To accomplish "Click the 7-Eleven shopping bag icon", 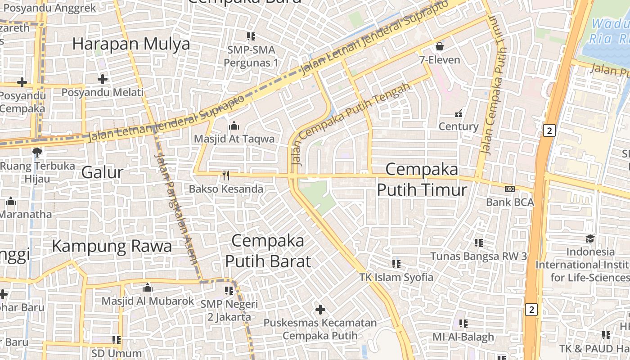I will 440,46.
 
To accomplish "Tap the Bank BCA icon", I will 510,189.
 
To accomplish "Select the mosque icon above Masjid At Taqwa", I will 234,126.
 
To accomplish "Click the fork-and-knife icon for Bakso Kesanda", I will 226,175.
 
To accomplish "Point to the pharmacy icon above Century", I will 459,113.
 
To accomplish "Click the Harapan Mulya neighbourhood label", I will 131,44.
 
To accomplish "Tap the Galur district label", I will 102,172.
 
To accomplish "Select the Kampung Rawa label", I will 112,246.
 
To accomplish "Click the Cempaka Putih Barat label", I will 268,251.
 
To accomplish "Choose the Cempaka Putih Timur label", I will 422,180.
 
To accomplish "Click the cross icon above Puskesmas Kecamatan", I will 320,310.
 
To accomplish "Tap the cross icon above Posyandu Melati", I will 103,79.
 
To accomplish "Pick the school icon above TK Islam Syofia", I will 396,264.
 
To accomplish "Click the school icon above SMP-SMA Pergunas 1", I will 251,36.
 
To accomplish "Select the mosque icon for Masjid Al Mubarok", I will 148,288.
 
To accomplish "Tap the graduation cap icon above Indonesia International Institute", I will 590,238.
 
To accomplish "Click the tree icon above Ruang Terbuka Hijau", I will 37,153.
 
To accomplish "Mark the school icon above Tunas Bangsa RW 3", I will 478,243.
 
